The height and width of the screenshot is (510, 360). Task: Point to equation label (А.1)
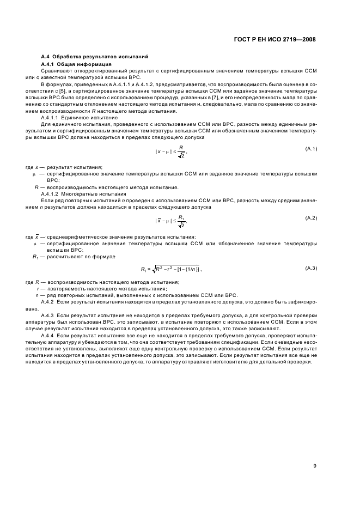click(x=310, y=149)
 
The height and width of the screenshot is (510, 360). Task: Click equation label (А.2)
click(x=310, y=218)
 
